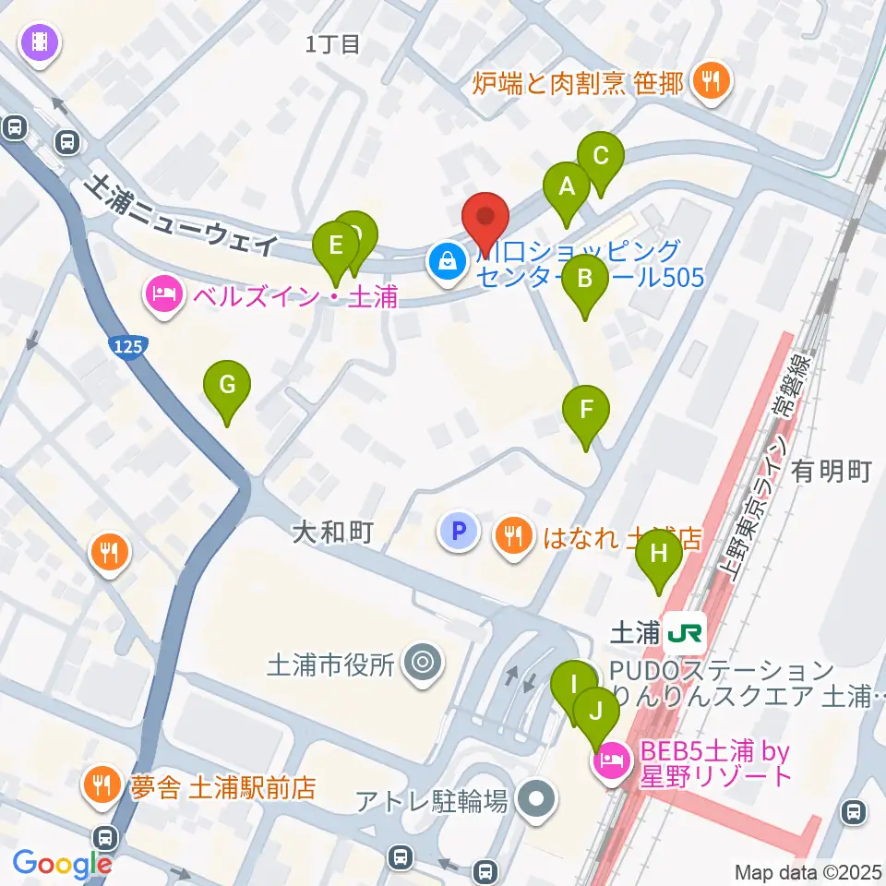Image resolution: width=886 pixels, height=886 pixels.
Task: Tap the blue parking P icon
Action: pyautogui.click(x=459, y=533)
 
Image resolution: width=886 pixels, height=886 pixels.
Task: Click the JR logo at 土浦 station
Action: pyautogui.click(x=687, y=631)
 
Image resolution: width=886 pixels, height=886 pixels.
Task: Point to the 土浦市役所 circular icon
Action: pyautogui.click(x=424, y=662)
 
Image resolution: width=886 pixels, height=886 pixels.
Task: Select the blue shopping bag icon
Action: pyautogui.click(x=447, y=261)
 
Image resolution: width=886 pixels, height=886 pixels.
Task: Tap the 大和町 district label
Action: pyautogui.click(x=331, y=533)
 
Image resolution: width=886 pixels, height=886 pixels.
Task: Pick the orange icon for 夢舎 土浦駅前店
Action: pyautogui.click(x=100, y=785)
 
